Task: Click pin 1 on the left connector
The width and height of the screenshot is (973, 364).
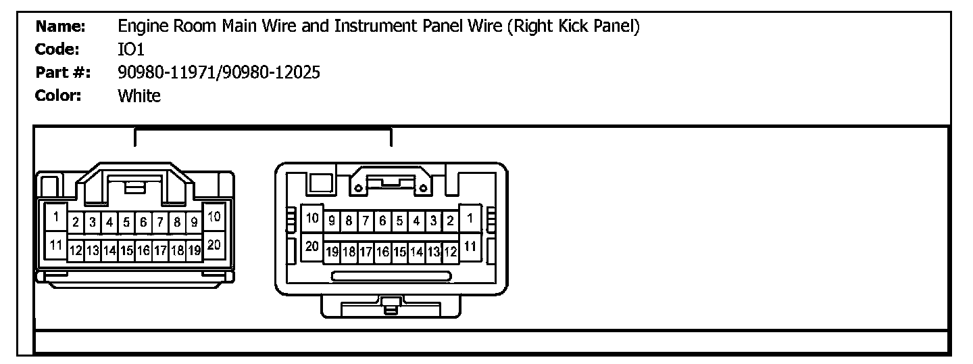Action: coord(56,218)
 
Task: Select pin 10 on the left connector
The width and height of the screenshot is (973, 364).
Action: coord(214,218)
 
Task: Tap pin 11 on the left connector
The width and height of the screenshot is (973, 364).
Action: coord(56,245)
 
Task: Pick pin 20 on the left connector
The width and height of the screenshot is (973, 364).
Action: coord(214,245)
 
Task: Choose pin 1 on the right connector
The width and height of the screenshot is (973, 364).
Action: coord(470,218)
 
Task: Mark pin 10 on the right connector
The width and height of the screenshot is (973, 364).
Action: coord(311,218)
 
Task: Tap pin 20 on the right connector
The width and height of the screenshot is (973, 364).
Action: coord(311,246)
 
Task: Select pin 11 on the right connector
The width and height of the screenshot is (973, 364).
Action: coord(470,246)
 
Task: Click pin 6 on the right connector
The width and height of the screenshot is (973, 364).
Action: coord(382,221)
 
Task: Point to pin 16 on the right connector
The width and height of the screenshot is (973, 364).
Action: coord(382,252)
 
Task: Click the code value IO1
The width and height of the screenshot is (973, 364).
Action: coord(131,49)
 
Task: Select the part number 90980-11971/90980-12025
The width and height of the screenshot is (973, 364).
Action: coord(219,72)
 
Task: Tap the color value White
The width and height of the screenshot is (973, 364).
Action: coord(139,95)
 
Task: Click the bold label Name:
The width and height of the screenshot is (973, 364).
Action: coord(60,26)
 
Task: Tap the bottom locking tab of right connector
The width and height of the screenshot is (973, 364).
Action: coord(390,306)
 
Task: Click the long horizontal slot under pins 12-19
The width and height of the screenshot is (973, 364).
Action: coord(392,276)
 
